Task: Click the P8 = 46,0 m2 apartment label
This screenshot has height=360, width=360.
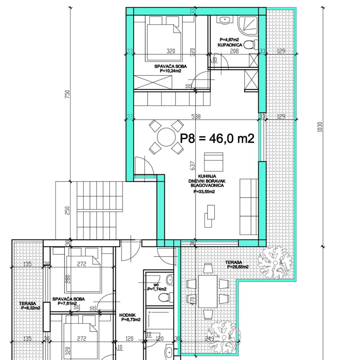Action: point(217,139)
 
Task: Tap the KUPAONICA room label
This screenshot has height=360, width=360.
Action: point(230,45)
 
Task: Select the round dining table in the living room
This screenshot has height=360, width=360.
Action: point(166,137)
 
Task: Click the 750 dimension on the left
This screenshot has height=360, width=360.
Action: point(67,94)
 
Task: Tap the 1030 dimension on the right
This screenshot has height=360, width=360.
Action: point(320,127)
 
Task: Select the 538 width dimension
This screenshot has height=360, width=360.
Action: point(196,117)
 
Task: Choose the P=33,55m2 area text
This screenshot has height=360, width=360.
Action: point(204,191)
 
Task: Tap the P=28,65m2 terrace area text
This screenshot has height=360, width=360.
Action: point(238,267)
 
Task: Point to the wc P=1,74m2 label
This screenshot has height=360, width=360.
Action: point(157,287)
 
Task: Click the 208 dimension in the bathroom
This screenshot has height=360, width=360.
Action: point(234,51)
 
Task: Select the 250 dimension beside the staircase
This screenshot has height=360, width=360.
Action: point(67,210)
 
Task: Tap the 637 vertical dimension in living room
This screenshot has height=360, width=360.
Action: point(193,166)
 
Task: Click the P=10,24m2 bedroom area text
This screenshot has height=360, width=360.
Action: point(171,71)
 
